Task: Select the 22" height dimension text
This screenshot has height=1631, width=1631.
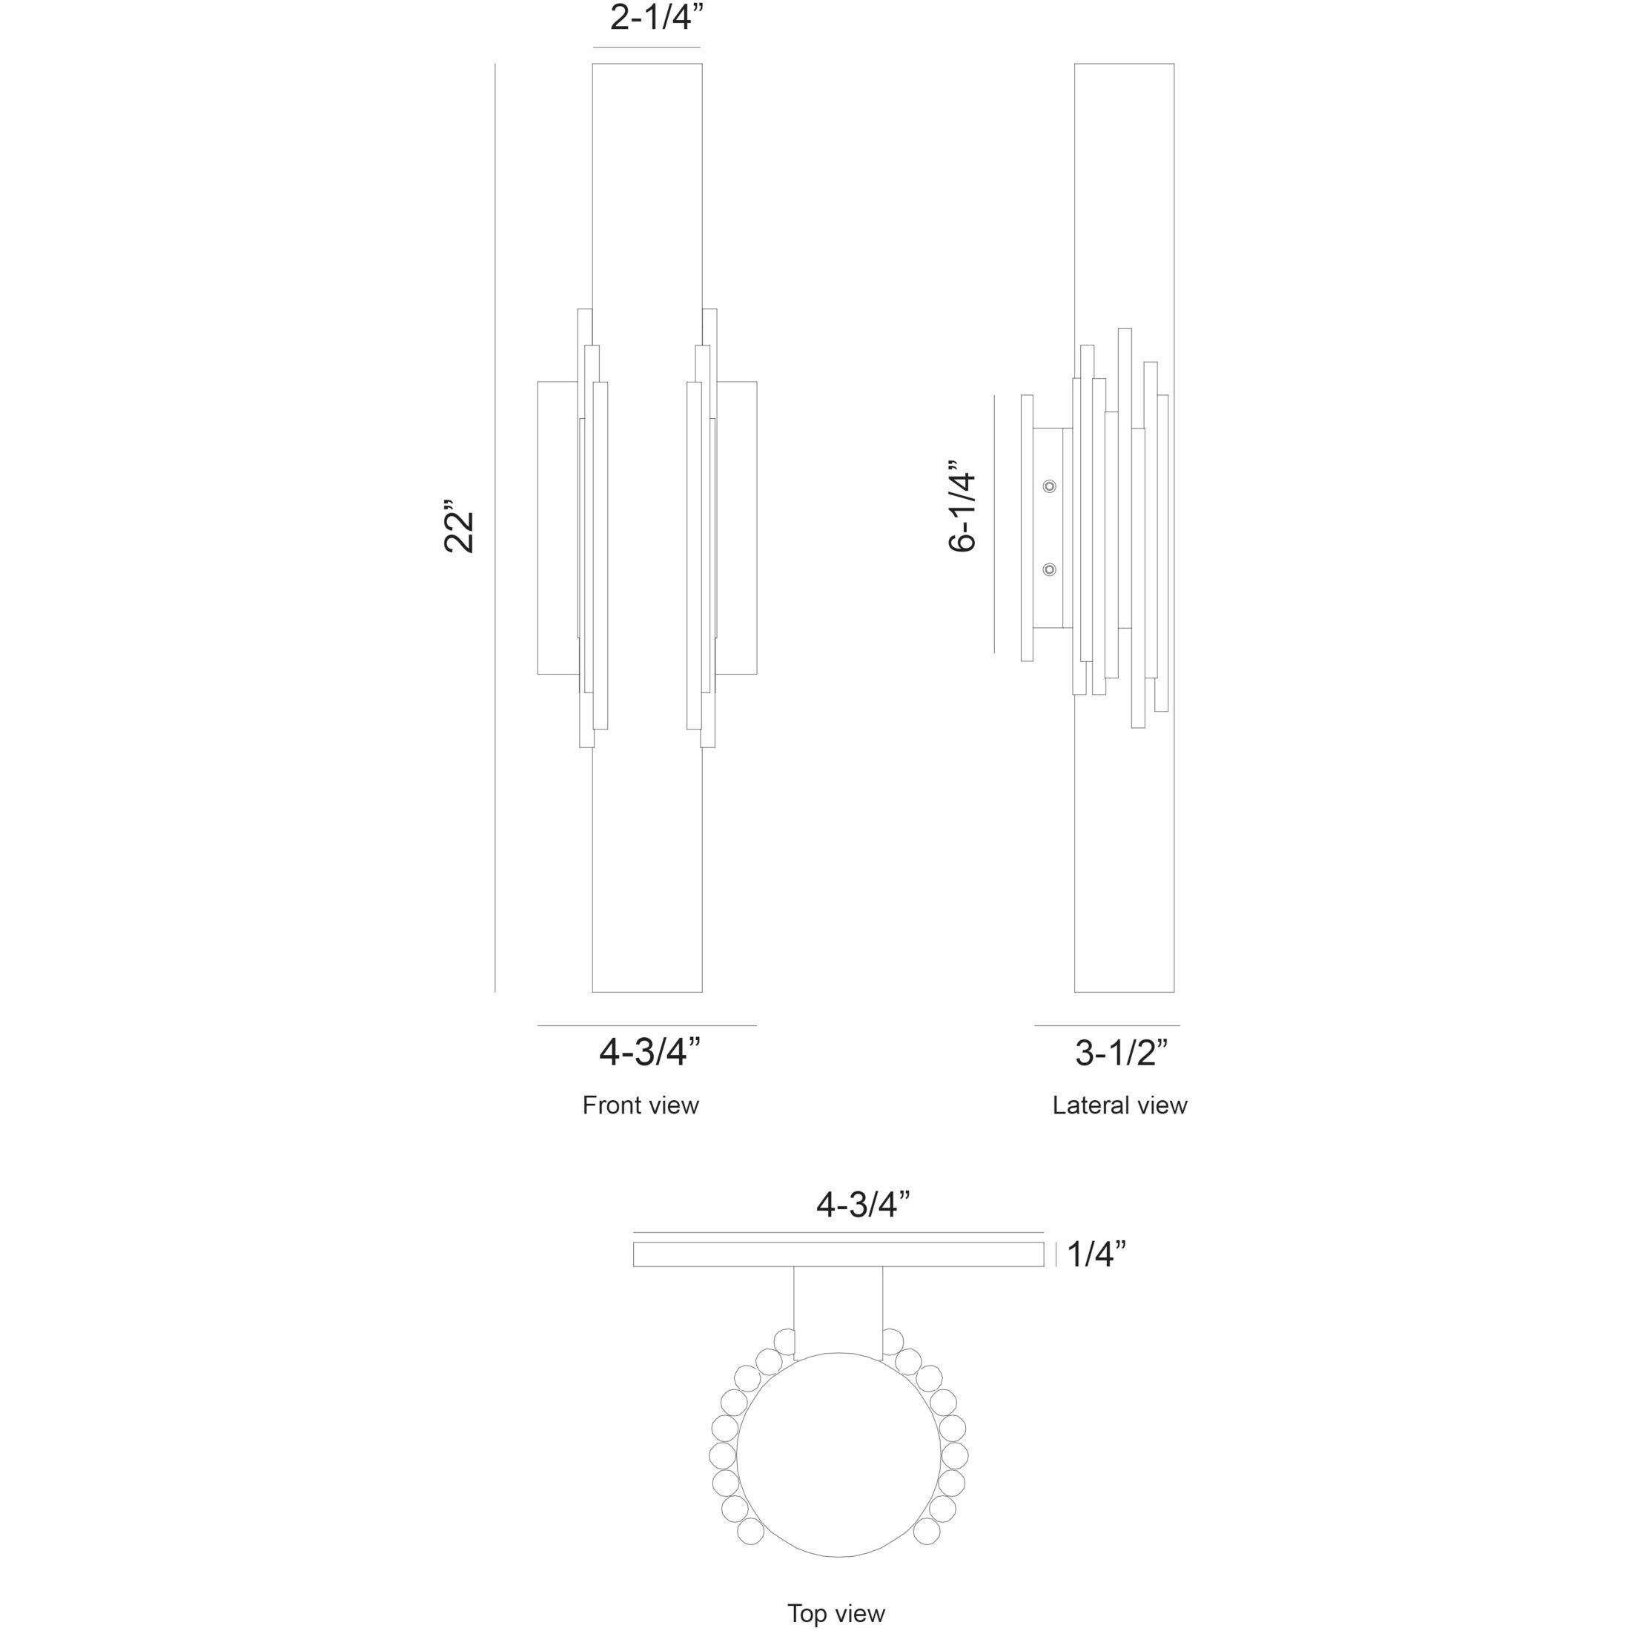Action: pyautogui.click(x=461, y=532)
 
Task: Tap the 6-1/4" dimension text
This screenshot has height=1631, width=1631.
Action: pyautogui.click(x=963, y=506)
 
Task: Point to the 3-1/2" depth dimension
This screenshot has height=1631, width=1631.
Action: pyautogui.click(x=1121, y=1053)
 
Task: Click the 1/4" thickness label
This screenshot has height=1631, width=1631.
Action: pyautogui.click(x=1096, y=1254)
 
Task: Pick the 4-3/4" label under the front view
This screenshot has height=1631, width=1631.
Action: pyautogui.click(x=650, y=1052)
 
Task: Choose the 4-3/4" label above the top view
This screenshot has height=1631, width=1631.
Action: pyautogui.click(x=863, y=1205)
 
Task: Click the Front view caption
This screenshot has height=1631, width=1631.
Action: pyautogui.click(x=640, y=1105)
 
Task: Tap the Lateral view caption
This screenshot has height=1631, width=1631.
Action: pyautogui.click(x=1119, y=1105)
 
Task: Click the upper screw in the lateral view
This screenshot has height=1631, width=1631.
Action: pyautogui.click(x=1049, y=486)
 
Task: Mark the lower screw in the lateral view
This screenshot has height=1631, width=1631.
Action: pyautogui.click(x=1049, y=570)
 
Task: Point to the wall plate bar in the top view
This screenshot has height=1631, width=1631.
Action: pyautogui.click(x=838, y=1254)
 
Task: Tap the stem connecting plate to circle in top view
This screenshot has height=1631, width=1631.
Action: pyautogui.click(x=838, y=1313)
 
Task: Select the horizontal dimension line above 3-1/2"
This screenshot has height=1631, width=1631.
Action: pyautogui.click(x=1107, y=1026)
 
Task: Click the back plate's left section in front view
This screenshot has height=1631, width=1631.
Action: pyautogui.click(x=558, y=528)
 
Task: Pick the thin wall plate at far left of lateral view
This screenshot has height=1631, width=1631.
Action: pyautogui.click(x=1027, y=528)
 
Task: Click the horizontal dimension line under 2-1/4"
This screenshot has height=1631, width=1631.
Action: pyautogui.click(x=646, y=47)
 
